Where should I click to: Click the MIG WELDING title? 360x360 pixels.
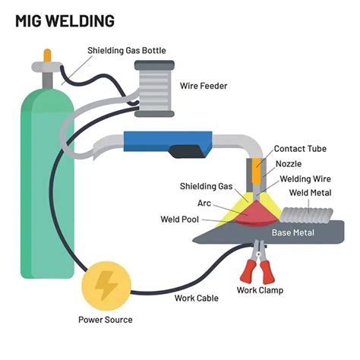65,21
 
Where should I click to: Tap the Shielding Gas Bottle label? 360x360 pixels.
127,51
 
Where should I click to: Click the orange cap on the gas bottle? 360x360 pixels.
47,55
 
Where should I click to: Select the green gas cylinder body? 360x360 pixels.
47,184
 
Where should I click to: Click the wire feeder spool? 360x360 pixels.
154,89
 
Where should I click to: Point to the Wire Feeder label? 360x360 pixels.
204,86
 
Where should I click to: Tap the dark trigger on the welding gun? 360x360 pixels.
188,151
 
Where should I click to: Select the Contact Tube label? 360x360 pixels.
300,149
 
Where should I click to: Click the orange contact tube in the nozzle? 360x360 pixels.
257,171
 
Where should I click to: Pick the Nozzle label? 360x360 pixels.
289,164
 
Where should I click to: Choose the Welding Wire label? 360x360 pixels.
305,179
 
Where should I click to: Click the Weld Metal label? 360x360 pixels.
310,193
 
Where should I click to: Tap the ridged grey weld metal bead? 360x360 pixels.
307,216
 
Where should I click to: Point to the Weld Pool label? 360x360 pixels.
180,219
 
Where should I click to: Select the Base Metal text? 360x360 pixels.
293,232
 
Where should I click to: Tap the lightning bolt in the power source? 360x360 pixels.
106,286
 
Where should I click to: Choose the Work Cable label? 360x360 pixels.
197,298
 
